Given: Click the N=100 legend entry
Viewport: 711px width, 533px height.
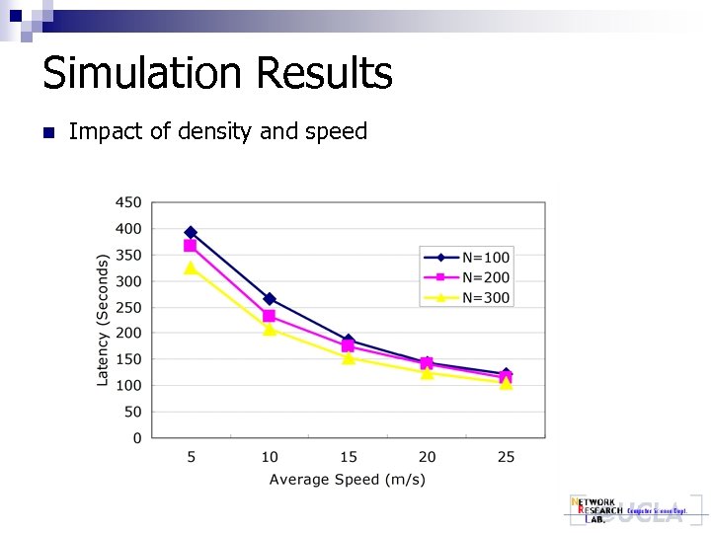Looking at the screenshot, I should (x=466, y=258).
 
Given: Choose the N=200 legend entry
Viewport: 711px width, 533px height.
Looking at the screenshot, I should (x=466, y=277).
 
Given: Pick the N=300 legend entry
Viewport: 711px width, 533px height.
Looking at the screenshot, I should (x=466, y=297).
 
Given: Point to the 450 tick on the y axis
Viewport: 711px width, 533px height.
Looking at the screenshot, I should (x=129, y=202).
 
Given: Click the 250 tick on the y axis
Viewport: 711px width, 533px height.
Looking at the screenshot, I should (x=129, y=307).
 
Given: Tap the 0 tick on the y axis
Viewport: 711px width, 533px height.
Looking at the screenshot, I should (x=137, y=438).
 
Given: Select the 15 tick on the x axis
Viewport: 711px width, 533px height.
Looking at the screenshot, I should (x=348, y=457).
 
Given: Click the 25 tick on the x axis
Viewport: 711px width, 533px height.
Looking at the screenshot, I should (x=506, y=457).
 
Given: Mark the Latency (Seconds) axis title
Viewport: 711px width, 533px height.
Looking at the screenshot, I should (x=103, y=320).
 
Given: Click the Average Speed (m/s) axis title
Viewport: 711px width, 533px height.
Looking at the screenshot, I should (x=348, y=480).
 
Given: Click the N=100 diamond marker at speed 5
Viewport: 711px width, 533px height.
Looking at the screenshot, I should (x=191, y=233).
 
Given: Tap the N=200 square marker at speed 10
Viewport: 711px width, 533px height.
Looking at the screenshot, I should (x=270, y=316).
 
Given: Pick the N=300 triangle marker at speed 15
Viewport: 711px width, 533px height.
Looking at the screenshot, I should (x=348, y=358).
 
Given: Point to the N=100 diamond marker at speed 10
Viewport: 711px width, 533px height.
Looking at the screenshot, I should (x=270, y=299).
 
